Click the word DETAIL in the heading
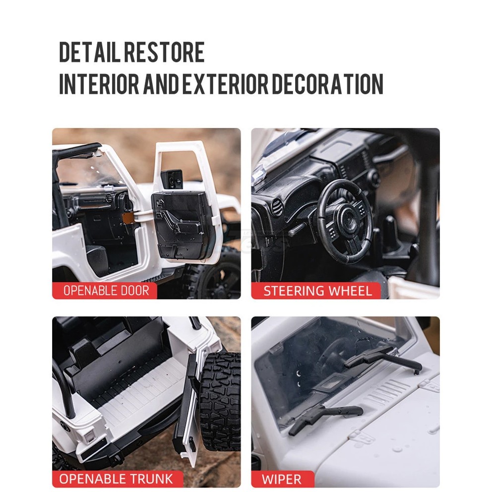click(90, 52)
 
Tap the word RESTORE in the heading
click(164, 52)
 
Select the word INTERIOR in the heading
click(99, 84)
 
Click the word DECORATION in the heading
click(327, 84)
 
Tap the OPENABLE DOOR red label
click(105, 291)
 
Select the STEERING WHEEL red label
click(316, 291)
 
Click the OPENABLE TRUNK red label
click(118, 479)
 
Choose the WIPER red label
click(282, 479)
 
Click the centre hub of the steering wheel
click(347, 219)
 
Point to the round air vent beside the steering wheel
click(277, 207)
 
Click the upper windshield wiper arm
click(382, 359)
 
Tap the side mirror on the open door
click(172, 179)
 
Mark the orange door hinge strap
click(127, 218)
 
